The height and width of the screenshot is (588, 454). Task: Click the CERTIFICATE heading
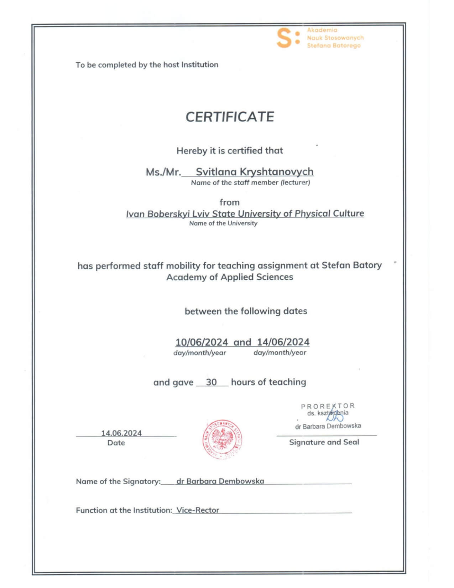(230, 117)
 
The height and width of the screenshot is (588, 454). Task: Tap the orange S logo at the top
(285, 38)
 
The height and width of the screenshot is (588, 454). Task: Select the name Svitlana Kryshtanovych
(254, 172)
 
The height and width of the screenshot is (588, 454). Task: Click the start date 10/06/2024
(201, 342)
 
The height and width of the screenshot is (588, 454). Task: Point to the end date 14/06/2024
(283, 342)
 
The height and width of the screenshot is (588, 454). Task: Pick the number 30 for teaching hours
(211, 382)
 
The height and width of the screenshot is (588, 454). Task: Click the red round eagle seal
(223, 439)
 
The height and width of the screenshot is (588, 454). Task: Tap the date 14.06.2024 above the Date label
(121, 433)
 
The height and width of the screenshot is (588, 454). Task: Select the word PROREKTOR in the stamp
(328, 406)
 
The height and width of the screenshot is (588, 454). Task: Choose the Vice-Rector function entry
(198, 510)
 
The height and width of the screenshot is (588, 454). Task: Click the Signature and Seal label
(324, 442)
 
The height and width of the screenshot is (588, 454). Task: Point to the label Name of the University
(223, 223)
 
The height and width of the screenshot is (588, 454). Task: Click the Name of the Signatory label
(118, 481)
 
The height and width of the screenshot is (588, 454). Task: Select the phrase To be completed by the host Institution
(147, 65)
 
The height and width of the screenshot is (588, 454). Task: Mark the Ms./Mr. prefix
(163, 172)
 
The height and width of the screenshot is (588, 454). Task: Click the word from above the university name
(229, 202)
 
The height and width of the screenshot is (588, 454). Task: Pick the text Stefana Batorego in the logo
(334, 46)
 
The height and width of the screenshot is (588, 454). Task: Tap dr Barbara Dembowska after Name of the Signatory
(220, 481)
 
